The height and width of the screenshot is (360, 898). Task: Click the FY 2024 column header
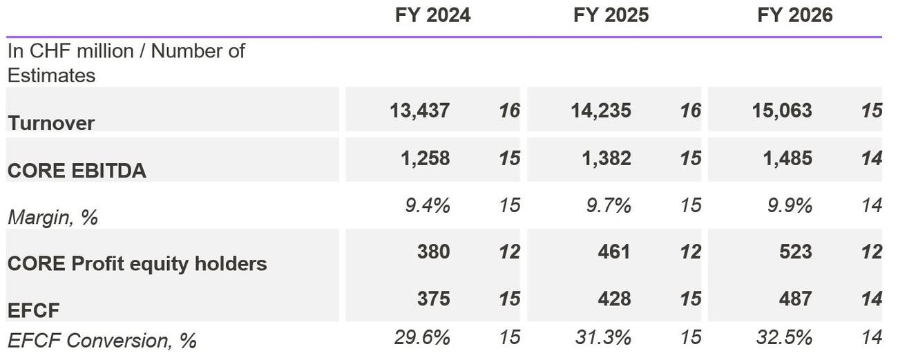(x=432, y=15)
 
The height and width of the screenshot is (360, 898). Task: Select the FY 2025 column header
(x=611, y=15)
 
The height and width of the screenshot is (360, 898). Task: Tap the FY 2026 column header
(x=794, y=15)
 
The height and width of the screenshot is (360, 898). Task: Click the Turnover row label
(x=51, y=123)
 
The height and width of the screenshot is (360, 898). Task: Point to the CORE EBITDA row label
(x=77, y=171)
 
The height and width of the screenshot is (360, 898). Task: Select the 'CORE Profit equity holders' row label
(x=137, y=263)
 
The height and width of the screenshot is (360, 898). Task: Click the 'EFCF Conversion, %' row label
(x=102, y=340)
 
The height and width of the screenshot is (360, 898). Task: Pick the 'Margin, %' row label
(x=52, y=218)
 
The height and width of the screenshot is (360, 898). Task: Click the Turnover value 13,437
(x=420, y=111)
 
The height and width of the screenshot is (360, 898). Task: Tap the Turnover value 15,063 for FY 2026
(x=782, y=111)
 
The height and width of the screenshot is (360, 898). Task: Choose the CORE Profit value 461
(x=614, y=252)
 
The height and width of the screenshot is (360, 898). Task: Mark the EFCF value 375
(x=433, y=299)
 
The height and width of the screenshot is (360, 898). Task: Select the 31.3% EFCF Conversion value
(x=602, y=338)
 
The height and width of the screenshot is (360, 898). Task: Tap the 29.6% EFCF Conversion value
(x=422, y=338)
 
